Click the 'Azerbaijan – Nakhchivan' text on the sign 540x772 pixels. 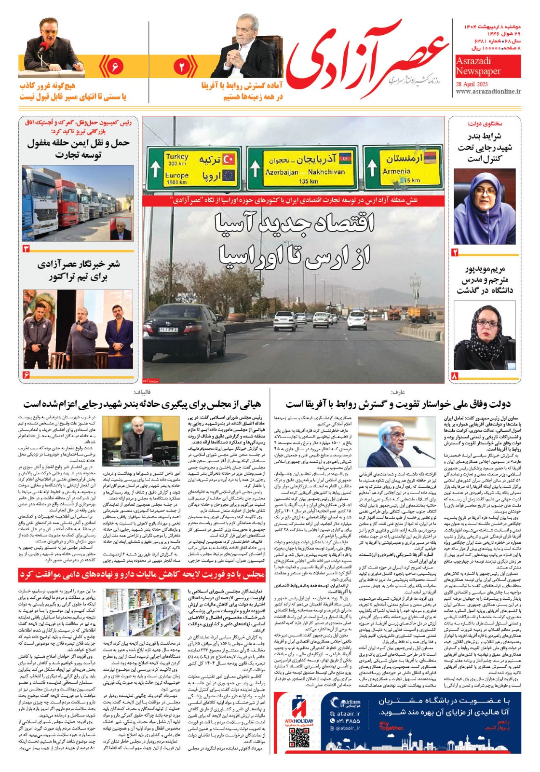(x=305, y=172)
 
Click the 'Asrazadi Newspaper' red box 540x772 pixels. (x=478, y=66)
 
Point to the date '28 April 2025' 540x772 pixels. (x=472, y=83)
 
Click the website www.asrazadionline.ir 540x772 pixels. (x=488, y=91)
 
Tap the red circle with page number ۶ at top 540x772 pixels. (x=115, y=66)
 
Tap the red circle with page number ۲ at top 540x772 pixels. (x=182, y=67)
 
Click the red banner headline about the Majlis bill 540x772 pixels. (x=142, y=575)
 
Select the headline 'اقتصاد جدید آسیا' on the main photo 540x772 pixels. (x=294, y=224)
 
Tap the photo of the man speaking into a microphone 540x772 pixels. (x=52, y=45)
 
